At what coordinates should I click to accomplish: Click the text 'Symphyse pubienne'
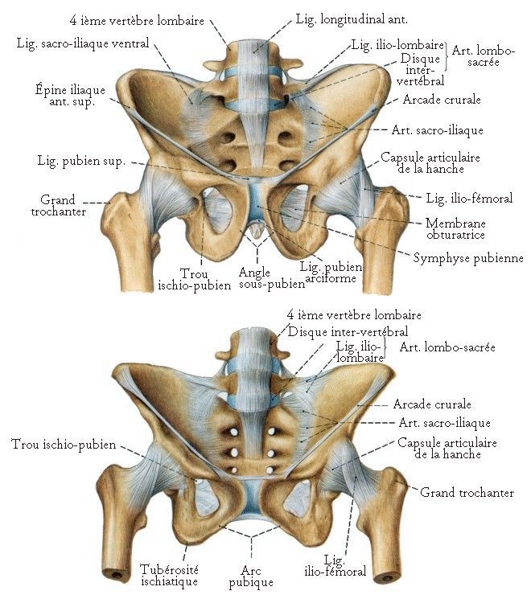pyautogui.click(x=468, y=258)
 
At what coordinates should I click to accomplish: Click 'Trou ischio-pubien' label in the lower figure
pyautogui.click(x=64, y=444)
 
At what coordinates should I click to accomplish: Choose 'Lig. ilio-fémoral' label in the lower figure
pyautogui.click(x=344, y=565)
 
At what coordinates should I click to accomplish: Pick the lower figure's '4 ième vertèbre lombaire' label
pyautogui.click(x=354, y=315)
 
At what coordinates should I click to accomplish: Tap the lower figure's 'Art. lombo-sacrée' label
pyautogui.click(x=447, y=347)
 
